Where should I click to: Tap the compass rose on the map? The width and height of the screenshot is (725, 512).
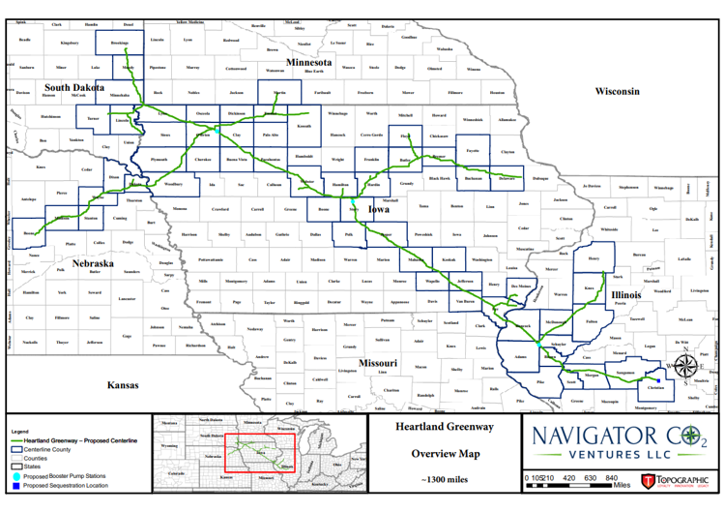tap(684, 366)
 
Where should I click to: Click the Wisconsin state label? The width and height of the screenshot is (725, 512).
tap(617, 91)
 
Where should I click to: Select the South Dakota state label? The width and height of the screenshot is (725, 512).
tap(73, 88)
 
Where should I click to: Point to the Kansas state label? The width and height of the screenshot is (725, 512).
tap(123, 385)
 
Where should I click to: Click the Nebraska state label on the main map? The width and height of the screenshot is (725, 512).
tap(94, 263)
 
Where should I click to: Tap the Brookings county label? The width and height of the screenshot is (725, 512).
tap(120, 43)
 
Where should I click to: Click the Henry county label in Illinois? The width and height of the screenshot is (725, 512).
tap(594, 258)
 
